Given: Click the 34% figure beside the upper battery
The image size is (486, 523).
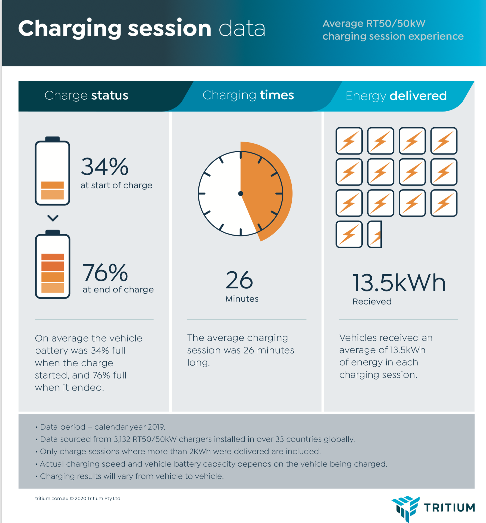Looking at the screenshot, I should (105, 167).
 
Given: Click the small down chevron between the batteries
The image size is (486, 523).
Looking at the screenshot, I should (53, 218).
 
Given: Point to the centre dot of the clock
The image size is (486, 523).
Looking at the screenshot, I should (241, 193).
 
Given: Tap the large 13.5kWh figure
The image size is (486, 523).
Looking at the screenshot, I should (399, 283).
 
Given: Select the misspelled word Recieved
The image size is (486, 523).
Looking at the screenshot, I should (372, 302).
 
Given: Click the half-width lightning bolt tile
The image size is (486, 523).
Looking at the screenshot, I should (375, 234).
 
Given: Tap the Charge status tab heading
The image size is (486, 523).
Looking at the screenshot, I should (86, 96).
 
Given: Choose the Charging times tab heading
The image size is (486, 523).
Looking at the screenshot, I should (248, 95).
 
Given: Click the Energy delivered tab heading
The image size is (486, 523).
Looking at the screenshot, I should (396, 96).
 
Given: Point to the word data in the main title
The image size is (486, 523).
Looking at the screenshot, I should (242, 29).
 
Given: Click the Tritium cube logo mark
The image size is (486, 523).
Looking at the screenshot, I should (405, 508).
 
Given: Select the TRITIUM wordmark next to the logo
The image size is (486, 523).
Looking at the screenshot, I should (450, 508).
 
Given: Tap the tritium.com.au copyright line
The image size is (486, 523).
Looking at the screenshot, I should (78, 498).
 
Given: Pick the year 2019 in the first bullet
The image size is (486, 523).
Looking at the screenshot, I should (156, 427).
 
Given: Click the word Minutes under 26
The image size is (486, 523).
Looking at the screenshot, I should (242, 299).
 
